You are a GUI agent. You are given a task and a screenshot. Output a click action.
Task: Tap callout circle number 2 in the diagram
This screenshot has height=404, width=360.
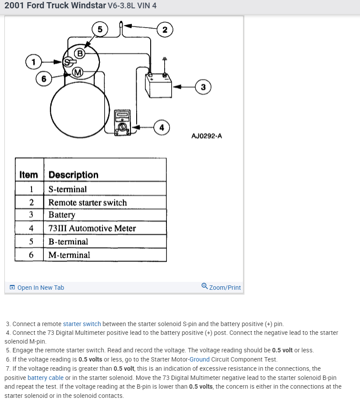click(x=164, y=30)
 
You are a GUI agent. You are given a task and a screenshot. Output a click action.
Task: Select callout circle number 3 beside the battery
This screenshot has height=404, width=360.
click(x=203, y=87)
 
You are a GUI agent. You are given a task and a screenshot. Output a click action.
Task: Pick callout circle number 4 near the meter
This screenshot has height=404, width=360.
click(x=162, y=127)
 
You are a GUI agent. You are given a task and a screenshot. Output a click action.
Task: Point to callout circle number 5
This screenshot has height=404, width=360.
click(x=100, y=29)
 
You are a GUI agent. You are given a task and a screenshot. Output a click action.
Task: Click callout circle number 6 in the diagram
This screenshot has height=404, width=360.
click(x=43, y=79)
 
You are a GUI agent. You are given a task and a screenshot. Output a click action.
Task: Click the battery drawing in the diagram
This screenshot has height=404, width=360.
click(x=157, y=85)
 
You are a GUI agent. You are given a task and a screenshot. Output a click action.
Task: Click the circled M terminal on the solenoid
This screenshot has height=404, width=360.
click(x=77, y=72)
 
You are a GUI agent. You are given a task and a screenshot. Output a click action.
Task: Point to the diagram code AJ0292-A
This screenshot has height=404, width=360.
click(x=207, y=136)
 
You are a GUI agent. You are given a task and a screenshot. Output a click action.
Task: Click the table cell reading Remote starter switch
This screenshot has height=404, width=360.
click(x=88, y=203)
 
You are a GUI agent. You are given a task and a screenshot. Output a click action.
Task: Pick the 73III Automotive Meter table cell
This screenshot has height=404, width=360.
click(x=92, y=228)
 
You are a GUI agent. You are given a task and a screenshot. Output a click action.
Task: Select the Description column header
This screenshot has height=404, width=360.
click(x=74, y=175)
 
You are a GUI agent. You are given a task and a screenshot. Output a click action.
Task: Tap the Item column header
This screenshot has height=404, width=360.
click(x=29, y=175)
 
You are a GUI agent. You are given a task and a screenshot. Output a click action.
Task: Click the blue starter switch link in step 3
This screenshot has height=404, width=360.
click(x=82, y=324)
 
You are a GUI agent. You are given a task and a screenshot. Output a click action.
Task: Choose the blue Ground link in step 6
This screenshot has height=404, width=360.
click(x=199, y=359)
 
